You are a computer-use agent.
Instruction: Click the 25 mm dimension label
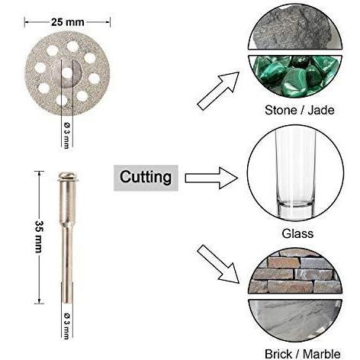coord(67,22)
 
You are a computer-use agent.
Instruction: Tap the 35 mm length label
coord(39,236)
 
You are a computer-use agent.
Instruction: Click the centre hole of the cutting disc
coord(67,73)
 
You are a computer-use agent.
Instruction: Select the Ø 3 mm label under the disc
coord(67,136)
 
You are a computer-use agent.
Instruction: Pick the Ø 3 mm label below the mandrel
coord(67,326)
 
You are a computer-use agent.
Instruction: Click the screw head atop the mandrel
coord(67,176)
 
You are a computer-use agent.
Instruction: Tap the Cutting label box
coord(146,178)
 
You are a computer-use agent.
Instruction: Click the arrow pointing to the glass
coord(211,178)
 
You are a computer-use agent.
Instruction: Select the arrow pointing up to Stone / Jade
coord(218,91)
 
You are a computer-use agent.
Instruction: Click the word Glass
coord(297,233)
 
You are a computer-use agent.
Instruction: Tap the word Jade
coord(321,110)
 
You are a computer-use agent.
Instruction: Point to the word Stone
coord(281,110)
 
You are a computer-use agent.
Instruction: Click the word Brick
coord(278,354)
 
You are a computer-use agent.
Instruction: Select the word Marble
coord(321,354)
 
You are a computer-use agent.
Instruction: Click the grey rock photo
coord(295,28)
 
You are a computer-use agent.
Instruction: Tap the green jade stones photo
coord(295,76)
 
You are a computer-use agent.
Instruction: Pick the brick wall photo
coord(295,272)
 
